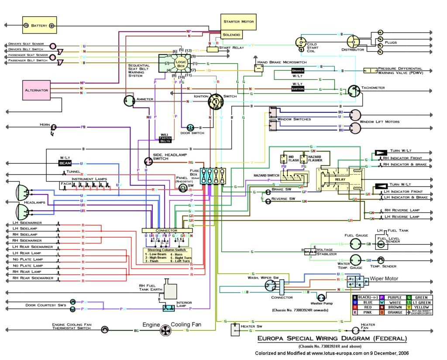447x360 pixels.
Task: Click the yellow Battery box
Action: pos(40,25)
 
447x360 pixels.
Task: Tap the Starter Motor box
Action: pos(238,21)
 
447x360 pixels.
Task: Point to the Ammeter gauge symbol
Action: pos(129,101)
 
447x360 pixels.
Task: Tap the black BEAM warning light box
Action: pos(65,163)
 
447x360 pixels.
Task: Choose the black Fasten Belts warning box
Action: pos(165,139)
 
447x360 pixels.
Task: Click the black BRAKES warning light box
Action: pos(298,70)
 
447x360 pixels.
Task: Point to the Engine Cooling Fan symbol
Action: pos(165,331)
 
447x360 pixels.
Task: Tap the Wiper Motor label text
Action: pos(384,278)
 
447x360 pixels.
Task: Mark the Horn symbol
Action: pos(54,127)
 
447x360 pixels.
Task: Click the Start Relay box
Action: pos(213,49)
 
